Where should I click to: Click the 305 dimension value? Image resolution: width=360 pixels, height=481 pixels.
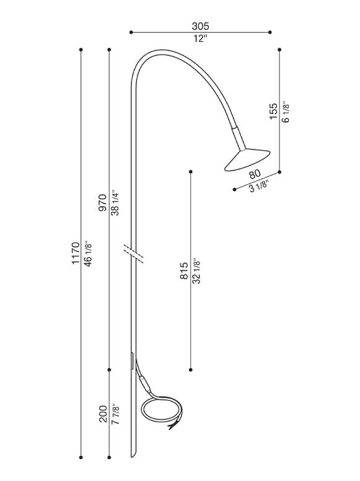[x=200, y=26]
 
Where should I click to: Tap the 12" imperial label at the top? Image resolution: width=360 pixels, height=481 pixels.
[x=200, y=38]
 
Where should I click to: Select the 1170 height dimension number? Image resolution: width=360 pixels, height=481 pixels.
[x=75, y=253]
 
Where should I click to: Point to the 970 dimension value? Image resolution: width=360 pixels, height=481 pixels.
[x=103, y=203]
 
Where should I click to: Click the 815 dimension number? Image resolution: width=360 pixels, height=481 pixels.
[x=184, y=271]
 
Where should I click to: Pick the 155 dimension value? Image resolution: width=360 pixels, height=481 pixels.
[x=273, y=111]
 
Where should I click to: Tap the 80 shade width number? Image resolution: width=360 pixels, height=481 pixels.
[x=255, y=174]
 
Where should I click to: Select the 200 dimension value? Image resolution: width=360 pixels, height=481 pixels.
[x=103, y=414]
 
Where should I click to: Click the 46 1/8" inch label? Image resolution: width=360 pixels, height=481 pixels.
[x=88, y=253]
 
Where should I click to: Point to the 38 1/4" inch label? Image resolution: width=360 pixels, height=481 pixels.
[x=115, y=202]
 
